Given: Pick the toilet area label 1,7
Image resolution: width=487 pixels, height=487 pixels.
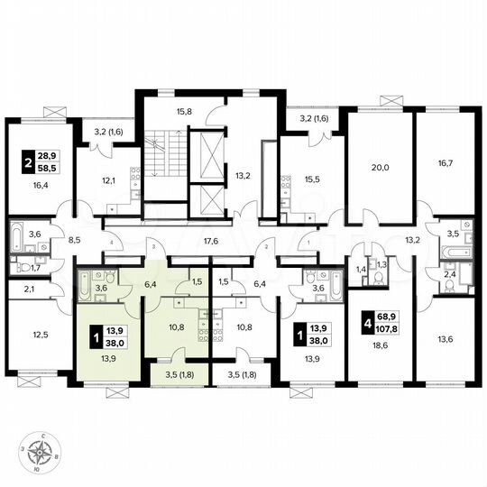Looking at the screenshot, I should (x=35, y=268).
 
